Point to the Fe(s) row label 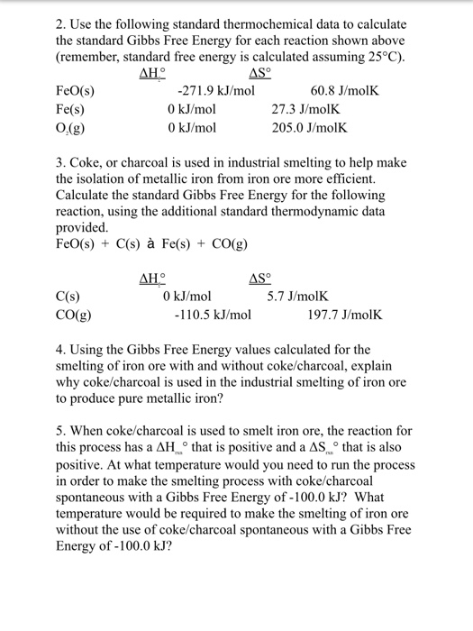[73, 109]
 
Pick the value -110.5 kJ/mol [213, 315]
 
